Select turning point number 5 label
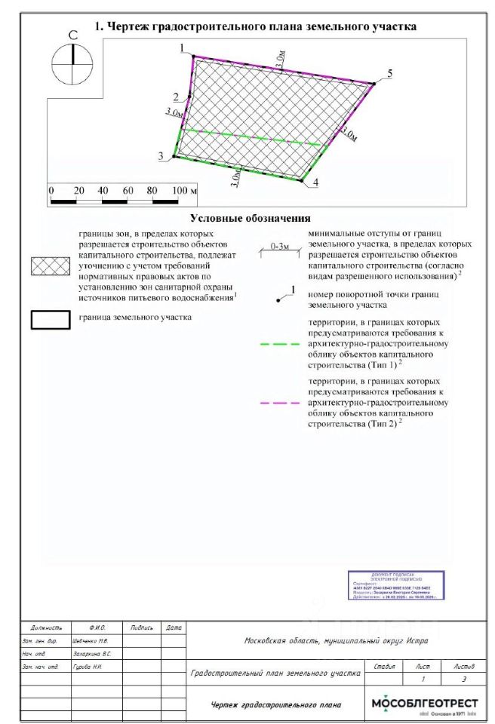[x=389, y=73]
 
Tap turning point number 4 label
[x=315, y=183]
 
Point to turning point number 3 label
[x=161, y=155]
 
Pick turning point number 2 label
[x=176, y=97]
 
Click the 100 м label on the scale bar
[x=184, y=190]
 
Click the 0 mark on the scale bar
[x=51, y=190]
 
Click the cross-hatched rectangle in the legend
[x=51, y=265]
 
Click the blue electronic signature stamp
[x=395, y=585]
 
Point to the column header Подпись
[x=143, y=627]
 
